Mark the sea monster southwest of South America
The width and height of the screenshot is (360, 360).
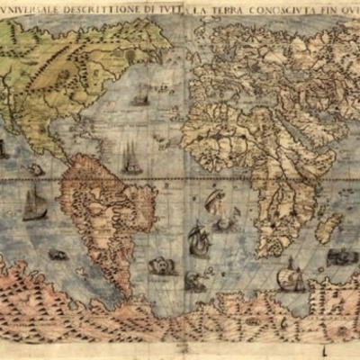pyautogui.click(x=58, y=256)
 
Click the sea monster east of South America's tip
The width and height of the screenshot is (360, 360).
pyautogui.click(x=160, y=265)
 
